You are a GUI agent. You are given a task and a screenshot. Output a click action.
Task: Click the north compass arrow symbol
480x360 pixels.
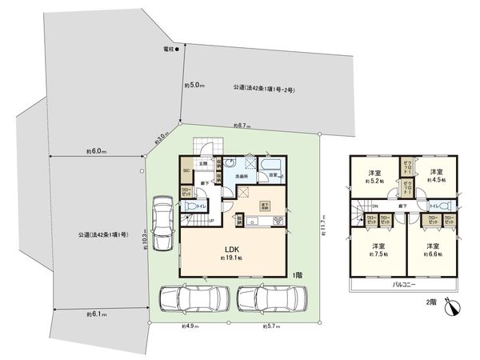[453, 306]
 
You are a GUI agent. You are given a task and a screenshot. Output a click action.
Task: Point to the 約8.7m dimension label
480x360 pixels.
[242, 126]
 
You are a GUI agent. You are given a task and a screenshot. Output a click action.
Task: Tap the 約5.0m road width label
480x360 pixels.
[195, 85]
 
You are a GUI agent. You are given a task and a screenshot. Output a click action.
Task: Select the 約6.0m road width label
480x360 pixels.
[97, 150]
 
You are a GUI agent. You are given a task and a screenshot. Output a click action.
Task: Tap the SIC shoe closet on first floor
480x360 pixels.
[186, 170]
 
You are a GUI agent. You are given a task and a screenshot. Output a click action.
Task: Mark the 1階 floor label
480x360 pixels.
[297, 274]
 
